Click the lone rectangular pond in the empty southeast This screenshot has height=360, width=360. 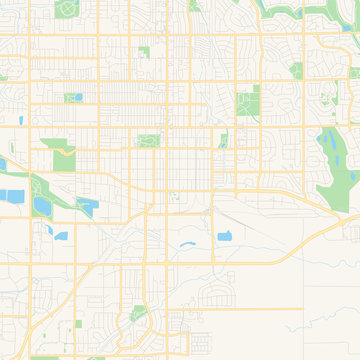pyautogui.click(x=225, y=236)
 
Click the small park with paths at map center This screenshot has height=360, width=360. pyautogui.click(x=148, y=140)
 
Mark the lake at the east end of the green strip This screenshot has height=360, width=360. pyautogui.click(x=86, y=206)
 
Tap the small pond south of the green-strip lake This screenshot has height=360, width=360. pyautogui.click(x=61, y=236)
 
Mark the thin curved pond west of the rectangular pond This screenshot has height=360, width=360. pyautogui.click(x=187, y=244)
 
